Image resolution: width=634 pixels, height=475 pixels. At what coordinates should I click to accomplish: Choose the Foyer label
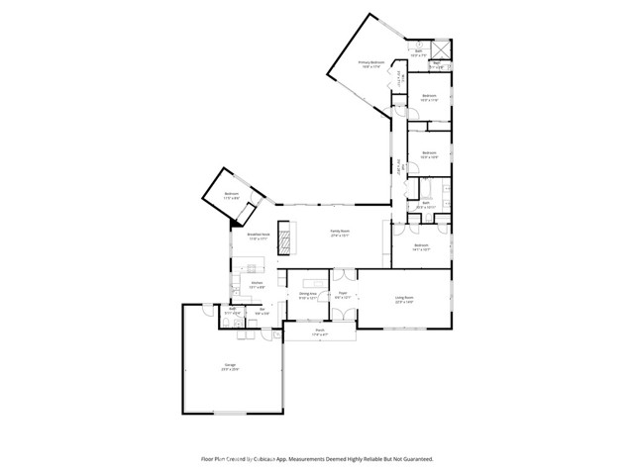click(x=343, y=293)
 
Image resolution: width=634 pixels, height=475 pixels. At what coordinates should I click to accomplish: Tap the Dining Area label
click(x=307, y=294)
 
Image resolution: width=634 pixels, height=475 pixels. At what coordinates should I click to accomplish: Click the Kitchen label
click(x=257, y=284)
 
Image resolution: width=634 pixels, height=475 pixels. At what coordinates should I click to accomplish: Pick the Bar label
click(x=263, y=309)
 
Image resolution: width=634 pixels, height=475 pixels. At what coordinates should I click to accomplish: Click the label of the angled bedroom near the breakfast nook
click(x=232, y=194)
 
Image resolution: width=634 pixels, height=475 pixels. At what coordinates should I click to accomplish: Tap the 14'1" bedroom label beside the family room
click(x=420, y=245)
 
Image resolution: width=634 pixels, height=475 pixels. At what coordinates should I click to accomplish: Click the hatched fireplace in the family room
click(x=286, y=237)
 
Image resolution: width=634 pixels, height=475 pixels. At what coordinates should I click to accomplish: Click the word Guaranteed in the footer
click(x=416, y=459)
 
